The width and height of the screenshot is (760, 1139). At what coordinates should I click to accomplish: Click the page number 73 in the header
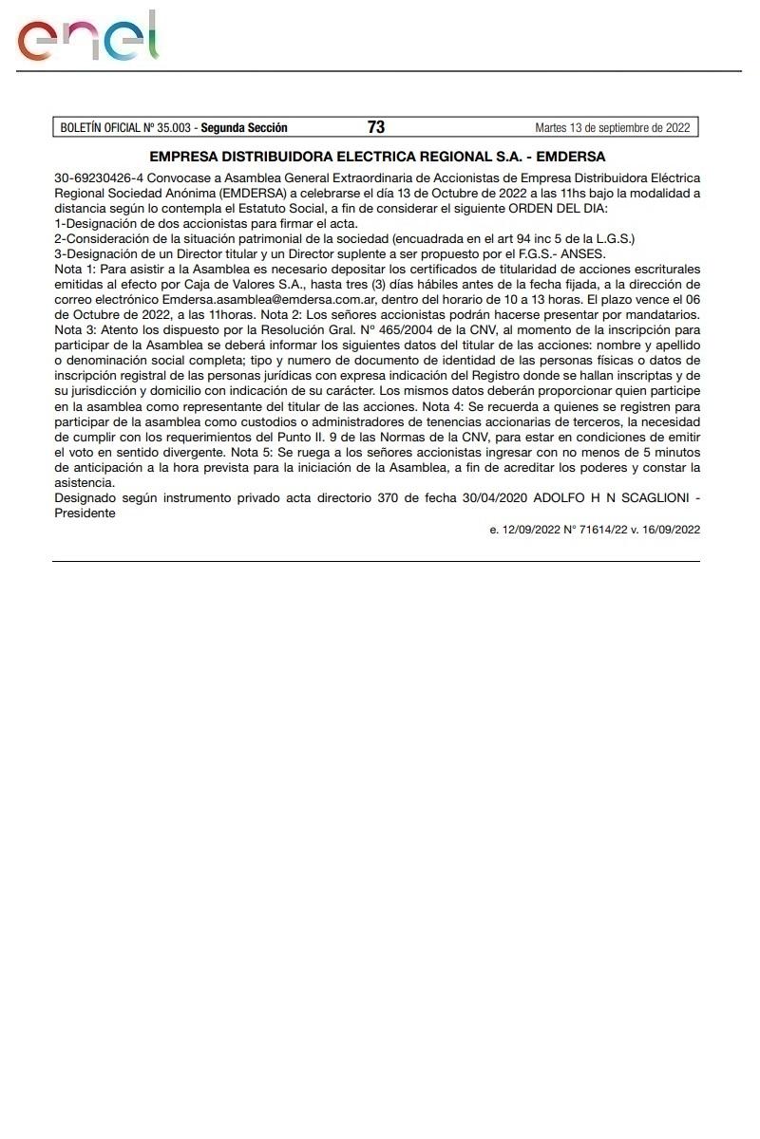click(375, 127)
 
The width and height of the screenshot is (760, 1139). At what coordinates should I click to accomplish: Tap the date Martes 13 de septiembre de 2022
click(613, 127)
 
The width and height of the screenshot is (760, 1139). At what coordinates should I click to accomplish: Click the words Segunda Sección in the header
click(244, 127)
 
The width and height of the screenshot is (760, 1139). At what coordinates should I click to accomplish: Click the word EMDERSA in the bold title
click(567, 157)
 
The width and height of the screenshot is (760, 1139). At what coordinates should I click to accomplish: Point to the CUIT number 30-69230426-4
click(98, 177)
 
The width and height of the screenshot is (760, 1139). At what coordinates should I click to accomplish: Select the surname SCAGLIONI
click(642, 498)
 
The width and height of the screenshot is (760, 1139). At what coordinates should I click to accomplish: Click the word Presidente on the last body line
click(85, 513)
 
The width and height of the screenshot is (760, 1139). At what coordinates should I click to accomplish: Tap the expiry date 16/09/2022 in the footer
click(669, 530)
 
